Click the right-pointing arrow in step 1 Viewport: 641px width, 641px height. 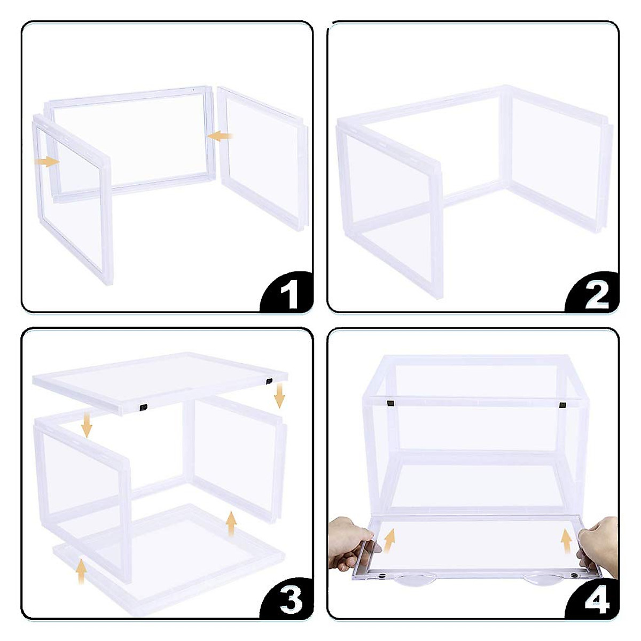point(46,161)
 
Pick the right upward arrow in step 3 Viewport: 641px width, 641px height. point(231,523)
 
